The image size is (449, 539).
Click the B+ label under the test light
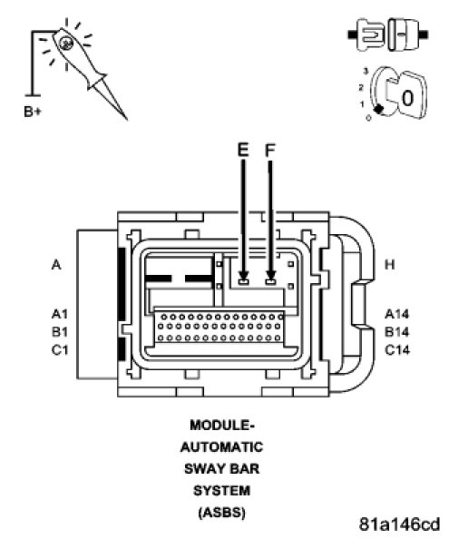click(x=33, y=112)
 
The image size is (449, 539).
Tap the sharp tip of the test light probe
click(x=127, y=120)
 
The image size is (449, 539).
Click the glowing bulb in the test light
click(x=65, y=43)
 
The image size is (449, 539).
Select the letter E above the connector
click(x=243, y=151)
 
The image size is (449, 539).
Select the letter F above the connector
click(x=270, y=151)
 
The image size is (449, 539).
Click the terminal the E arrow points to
click(x=244, y=282)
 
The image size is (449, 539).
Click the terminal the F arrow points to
click(x=270, y=282)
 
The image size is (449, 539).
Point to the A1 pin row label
click(x=60, y=314)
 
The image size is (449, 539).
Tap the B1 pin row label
click(x=60, y=332)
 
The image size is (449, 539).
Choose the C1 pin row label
click(x=60, y=350)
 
